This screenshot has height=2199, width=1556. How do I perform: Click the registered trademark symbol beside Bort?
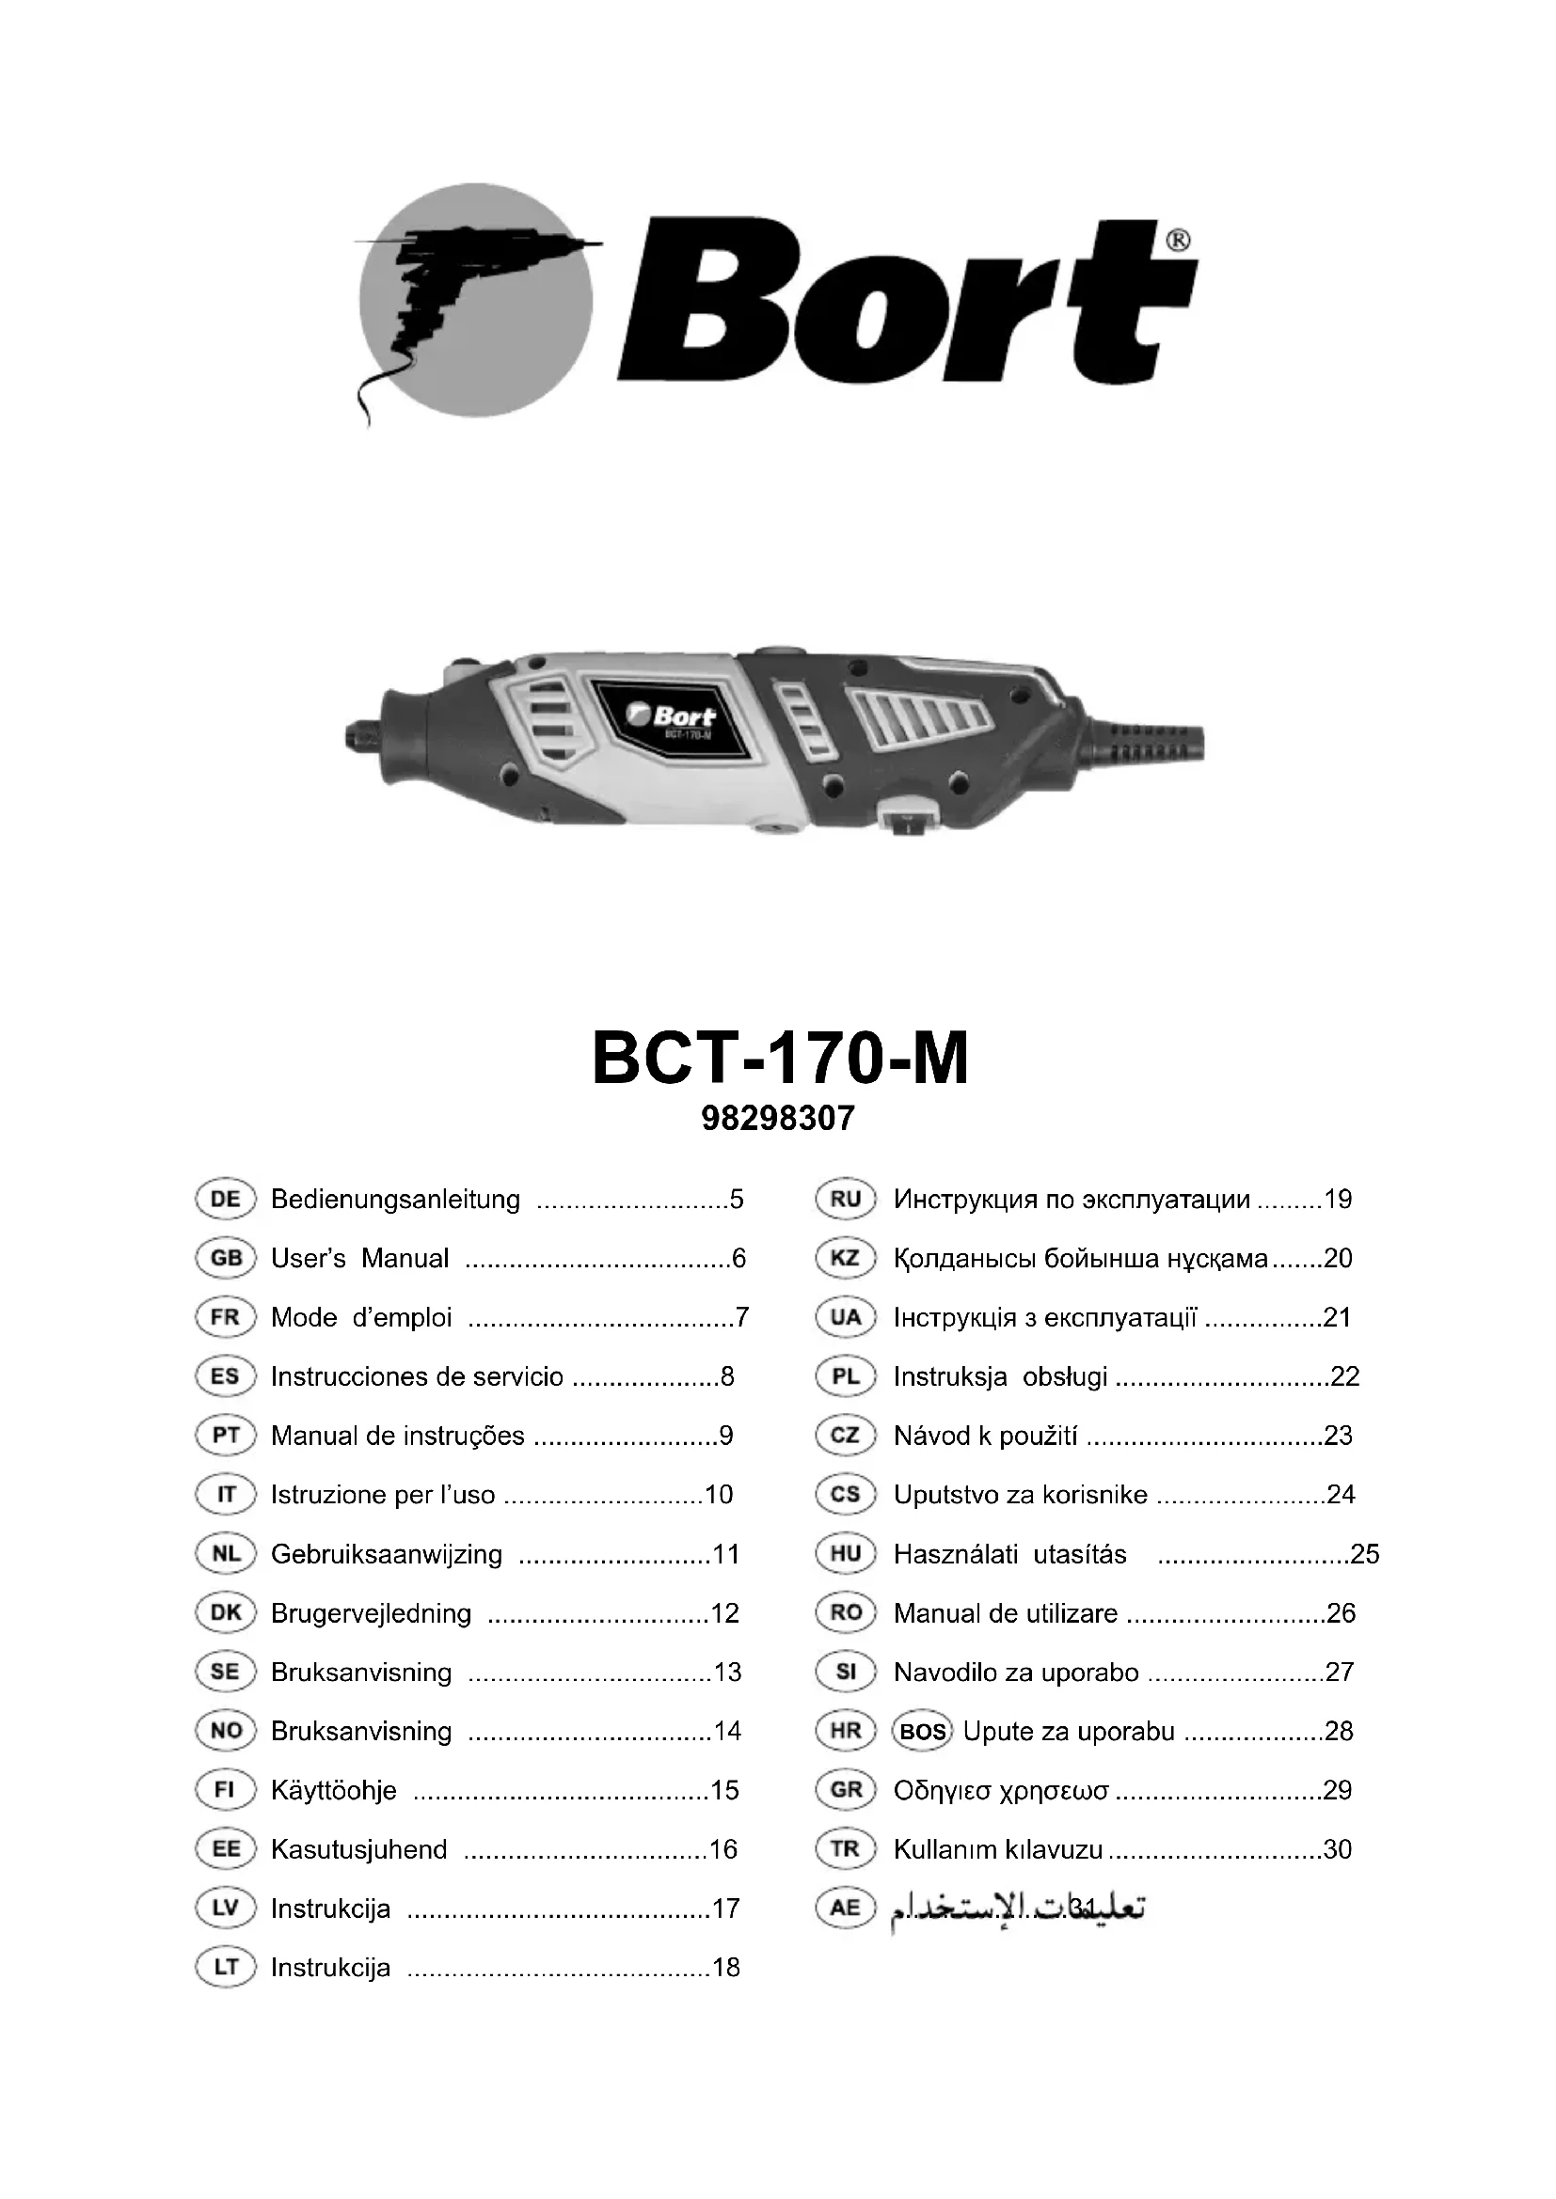(1179, 240)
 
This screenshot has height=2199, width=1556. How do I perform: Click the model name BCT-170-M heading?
(780, 1060)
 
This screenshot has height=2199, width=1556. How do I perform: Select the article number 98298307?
(778, 1119)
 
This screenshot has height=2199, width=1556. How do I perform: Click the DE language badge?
(225, 1199)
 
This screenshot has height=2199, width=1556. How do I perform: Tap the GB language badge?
(225, 1259)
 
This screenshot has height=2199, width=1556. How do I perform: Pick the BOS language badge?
(922, 1732)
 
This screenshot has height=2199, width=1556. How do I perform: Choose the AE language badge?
(845, 1908)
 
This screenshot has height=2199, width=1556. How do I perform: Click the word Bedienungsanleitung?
(396, 1199)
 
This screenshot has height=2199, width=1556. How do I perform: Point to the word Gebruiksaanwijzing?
(386, 1554)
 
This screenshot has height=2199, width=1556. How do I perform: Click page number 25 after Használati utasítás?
(1364, 1554)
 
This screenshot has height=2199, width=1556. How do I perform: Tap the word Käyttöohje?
(333, 1791)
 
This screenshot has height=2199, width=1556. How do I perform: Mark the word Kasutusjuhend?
(359, 1849)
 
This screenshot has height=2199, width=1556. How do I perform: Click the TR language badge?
(845, 1849)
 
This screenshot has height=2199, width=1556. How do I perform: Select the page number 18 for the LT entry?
(726, 1968)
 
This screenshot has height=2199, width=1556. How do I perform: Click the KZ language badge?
(845, 1259)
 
